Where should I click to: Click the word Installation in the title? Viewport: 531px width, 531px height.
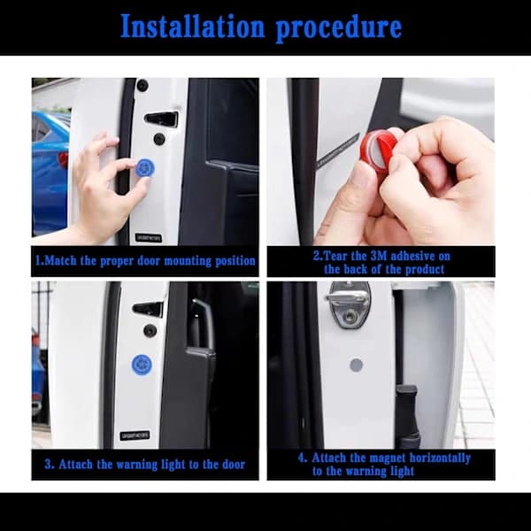click(x=192, y=26)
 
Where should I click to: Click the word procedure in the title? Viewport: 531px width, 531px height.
click(x=339, y=28)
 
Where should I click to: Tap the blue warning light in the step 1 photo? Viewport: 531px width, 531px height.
click(x=145, y=167)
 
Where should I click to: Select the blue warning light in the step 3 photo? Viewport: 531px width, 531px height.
click(x=142, y=364)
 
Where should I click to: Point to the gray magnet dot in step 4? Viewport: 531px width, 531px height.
click(x=356, y=365)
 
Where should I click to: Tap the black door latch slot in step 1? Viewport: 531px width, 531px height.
click(x=161, y=119)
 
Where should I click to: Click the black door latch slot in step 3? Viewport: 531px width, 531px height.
click(x=148, y=309)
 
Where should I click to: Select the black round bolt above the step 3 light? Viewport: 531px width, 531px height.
click(x=150, y=330)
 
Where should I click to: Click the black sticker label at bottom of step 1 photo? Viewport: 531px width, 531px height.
click(x=149, y=237)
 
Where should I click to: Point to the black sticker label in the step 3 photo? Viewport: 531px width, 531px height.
click(x=135, y=435)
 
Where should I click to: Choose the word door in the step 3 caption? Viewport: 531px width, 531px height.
click(x=234, y=465)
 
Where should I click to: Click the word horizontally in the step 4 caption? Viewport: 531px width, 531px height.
click(x=440, y=458)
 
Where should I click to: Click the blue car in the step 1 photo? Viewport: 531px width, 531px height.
click(x=50, y=173)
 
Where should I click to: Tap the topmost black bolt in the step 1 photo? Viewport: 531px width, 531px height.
click(x=142, y=85)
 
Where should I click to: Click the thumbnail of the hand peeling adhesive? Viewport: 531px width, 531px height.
click(x=381, y=161)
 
